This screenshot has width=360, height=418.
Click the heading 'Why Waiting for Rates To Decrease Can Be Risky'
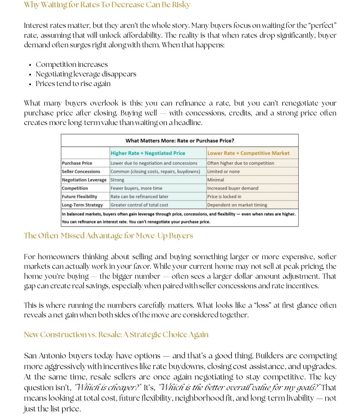tap(107, 5)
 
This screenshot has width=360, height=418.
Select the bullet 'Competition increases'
tap(72, 64)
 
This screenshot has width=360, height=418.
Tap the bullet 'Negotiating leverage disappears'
tap(86, 74)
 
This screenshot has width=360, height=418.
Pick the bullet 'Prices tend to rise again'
tap(73, 84)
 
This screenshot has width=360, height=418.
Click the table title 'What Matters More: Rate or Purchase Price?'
tap(180, 141)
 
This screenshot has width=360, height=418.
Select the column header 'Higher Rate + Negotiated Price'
tap(148, 153)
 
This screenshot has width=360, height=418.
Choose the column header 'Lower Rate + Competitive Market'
tap(248, 153)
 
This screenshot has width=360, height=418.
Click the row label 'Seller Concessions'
tap(81, 171)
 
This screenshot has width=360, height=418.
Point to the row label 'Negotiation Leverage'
tap(84, 180)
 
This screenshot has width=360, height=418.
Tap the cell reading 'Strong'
tap(117, 180)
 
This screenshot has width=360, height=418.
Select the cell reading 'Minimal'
tap(216, 180)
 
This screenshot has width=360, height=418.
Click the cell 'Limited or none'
tap(223, 171)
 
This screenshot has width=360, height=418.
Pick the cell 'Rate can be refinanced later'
tap(139, 197)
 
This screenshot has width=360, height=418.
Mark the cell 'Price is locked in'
tap(224, 197)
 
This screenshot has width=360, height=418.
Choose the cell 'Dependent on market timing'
tap(237, 205)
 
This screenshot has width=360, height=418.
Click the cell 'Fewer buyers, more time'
tap(136, 188)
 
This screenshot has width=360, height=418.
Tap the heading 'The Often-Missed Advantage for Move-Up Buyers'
tap(108, 236)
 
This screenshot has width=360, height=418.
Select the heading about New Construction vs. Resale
tap(116, 334)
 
